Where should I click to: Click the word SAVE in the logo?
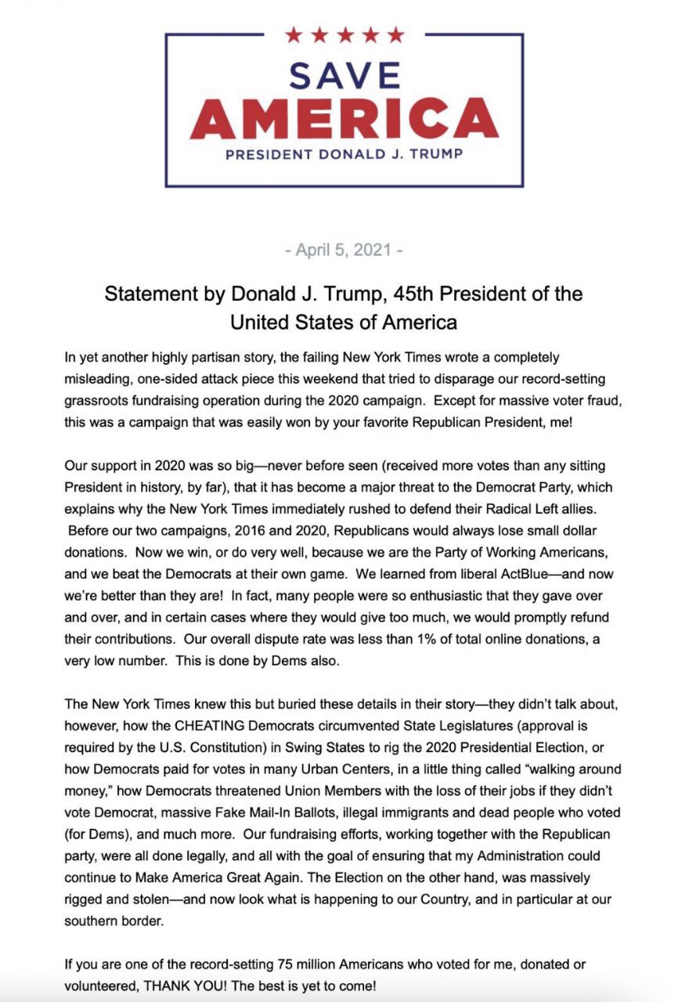tap(344, 76)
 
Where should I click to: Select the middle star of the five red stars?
tap(344, 34)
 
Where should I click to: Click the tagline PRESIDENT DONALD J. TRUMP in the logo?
tap(344, 154)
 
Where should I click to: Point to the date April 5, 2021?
tap(344, 250)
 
